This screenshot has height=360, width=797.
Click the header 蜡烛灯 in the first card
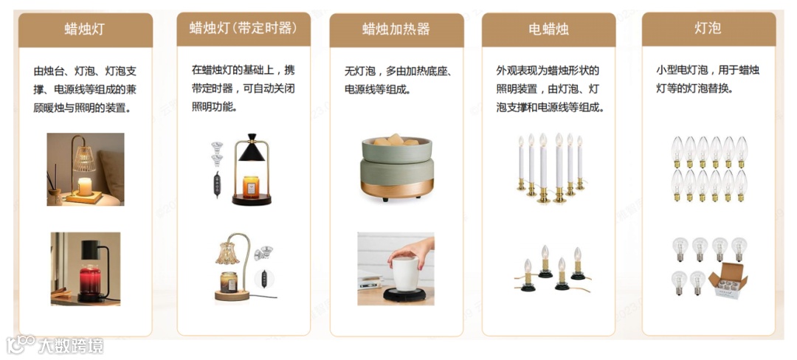point(85,29)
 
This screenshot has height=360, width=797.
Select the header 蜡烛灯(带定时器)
point(243,27)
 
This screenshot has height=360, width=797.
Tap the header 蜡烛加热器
point(396,29)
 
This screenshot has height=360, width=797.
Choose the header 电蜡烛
point(548,29)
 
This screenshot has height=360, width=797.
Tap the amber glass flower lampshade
point(227,253)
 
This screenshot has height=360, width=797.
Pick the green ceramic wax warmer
point(397,168)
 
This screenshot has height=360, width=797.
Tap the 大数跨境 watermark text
point(71,345)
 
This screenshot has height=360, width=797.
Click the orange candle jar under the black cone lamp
point(251,187)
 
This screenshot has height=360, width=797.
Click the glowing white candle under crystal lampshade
point(85,187)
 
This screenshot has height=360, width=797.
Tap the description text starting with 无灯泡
point(396,80)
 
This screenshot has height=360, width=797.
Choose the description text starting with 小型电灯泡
point(708,79)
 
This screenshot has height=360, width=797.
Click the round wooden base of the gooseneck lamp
point(232,295)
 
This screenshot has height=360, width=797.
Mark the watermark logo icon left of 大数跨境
point(21,345)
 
